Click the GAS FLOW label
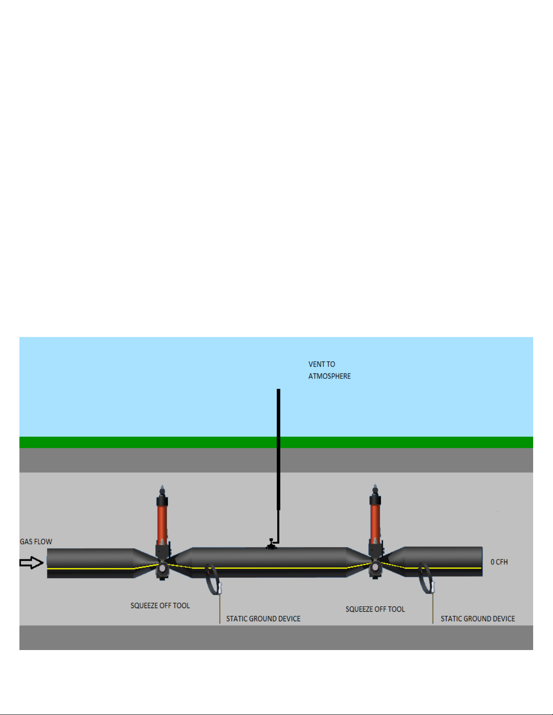pyautogui.click(x=36, y=541)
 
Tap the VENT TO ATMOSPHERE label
pyautogui.click(x=329, y=370)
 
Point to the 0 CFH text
pyautogui.click(x=499, y=562)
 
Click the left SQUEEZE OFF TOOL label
pyautogui.click(x=160, y=605)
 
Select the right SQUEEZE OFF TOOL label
pyautogui.click(x=375, y=609)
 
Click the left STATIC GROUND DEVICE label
pyautogui.click(x=263, y=618)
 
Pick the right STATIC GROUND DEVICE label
pyautogui.click(x=478, y=618)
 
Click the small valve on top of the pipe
pyautogui.click(x=271, y=544)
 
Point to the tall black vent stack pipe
pyautogui.click(x=279, y=451)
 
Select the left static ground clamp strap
pyautogui.click(x=211, y=580)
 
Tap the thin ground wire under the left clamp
pyautogui.click(x=220, y=609)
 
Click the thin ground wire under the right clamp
pyautogui.click(x=433, y=609)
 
